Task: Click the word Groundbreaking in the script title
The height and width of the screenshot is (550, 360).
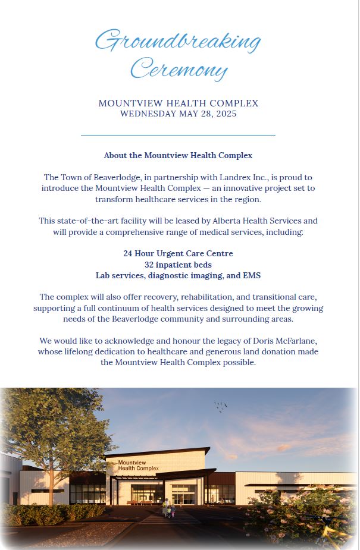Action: pos(178,42)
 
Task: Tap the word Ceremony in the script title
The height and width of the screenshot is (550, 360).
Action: pos(179,69)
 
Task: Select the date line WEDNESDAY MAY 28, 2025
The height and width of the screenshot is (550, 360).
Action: pos(178,114)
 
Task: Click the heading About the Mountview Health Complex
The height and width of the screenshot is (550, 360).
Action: pos(178,155)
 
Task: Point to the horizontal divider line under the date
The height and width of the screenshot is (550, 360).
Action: pos(178,136)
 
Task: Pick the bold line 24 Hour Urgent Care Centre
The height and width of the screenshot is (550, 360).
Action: pos(178,253)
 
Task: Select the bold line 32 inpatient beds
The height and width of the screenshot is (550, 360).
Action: pos(178,265)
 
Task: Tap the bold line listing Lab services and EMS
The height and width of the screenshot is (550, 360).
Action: pos(178,275)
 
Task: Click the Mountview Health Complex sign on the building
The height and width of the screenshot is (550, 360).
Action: pos(138,466)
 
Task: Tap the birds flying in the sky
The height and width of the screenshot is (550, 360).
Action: pos(221,406)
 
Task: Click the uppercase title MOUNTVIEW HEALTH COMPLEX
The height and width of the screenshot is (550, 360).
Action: pos(178,103)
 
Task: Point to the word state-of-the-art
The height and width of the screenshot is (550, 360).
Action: pos(86,221)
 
